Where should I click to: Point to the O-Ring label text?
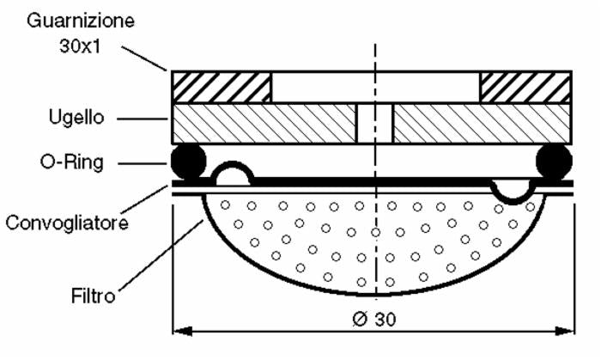[x=76, y=162]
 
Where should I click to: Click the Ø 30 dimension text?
[x=373, y=318]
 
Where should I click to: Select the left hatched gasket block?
[x=222, y=87]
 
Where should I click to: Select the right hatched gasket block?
[x=525, y=87]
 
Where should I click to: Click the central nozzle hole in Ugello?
[x=374, y=124]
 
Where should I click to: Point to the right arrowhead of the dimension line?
[x=568, y=329]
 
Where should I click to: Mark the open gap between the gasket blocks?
[x=375, y=87]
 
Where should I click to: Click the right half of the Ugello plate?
[x=482, y=124]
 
